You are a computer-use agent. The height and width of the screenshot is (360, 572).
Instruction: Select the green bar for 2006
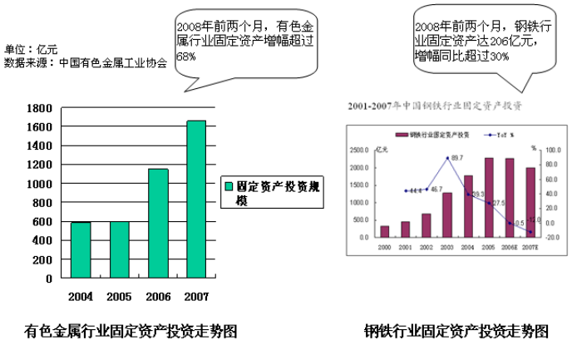158,224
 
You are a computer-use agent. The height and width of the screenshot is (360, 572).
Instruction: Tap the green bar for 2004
81,250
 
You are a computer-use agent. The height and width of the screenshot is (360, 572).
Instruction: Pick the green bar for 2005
120,250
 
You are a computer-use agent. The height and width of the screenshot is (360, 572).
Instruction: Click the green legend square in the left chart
229,188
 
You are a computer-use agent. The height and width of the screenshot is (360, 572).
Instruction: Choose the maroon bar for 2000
384,231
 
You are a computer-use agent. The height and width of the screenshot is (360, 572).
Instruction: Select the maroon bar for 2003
446,215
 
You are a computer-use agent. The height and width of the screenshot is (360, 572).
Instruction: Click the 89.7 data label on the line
457,157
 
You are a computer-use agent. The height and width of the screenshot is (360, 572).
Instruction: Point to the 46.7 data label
436,190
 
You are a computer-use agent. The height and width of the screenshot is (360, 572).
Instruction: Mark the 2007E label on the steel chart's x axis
530,247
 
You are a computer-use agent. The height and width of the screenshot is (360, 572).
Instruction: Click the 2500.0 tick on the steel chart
361,150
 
